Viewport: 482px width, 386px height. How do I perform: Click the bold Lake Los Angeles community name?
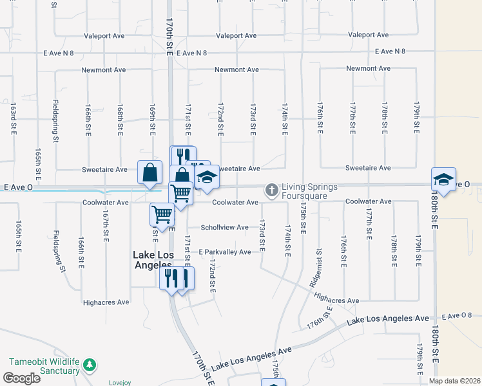coord(153,259)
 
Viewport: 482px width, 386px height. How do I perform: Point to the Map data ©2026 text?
coord(454,381)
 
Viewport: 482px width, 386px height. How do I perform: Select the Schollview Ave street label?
coord(224,228)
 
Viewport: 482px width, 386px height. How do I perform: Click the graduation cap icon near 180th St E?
coord(443,179)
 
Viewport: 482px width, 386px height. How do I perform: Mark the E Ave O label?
coord(18,187)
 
